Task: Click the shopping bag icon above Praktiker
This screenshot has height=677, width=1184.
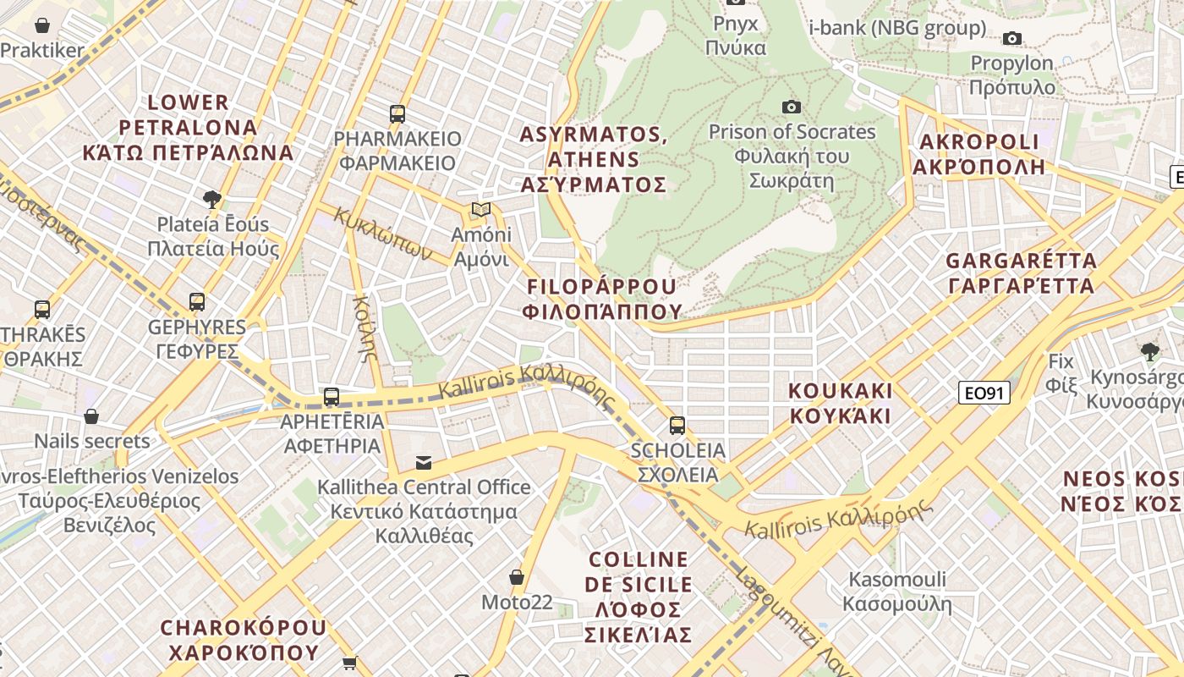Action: [x=42, y=26]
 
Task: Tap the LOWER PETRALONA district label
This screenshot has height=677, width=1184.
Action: [x=188, y=128]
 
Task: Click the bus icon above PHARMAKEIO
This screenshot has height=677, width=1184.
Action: [x=397, y=113]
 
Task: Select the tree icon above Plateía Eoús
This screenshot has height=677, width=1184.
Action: [x=212, y=200]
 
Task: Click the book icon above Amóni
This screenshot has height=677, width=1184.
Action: [x=481, y=209]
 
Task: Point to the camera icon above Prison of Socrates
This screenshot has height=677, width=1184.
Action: [x=792, y=107]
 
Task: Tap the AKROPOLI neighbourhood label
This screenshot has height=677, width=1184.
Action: [x=978, y=153]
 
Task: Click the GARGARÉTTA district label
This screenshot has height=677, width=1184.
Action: [x=1021, y=272]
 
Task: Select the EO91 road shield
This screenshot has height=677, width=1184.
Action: [x=984, y=393]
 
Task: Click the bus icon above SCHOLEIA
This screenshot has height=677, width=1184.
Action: [x=677, y=425]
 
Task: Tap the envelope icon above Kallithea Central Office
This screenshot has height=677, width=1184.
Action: [x=424, y=463]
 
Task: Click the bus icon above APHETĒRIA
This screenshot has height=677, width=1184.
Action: [x=332, y=396]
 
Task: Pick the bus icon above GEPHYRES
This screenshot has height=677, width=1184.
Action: [x=197, y=301]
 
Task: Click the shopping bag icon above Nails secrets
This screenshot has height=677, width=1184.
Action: [x=91, y=416]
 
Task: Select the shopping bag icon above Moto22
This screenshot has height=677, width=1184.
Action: [x=517, y=577]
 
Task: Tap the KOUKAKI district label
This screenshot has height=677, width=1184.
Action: [x=841, y=403]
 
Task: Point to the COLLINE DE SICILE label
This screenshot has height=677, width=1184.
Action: [x=639, y=597]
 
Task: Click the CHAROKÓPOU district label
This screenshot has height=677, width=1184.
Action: [x=243, y=640]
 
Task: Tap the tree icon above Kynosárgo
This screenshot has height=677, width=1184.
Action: [x=1148, y=351]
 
